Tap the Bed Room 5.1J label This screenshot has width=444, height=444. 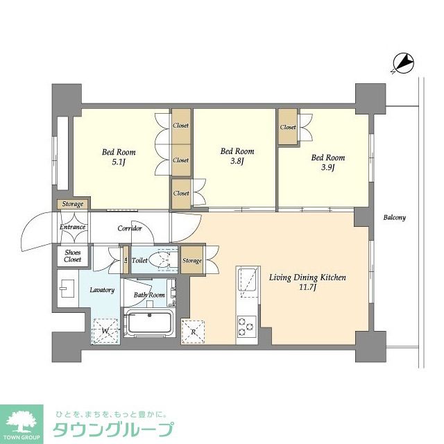pos(119,157)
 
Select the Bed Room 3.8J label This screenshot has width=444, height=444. pos(237,156)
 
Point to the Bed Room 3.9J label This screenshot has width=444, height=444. pos(327,162)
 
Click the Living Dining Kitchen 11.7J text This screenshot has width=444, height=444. pos(307,282)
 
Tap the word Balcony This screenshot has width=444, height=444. pos(394,217)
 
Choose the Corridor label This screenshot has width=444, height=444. pos(130,228)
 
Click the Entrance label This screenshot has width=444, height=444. pos(72,227)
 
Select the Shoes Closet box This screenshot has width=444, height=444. pos(73,255)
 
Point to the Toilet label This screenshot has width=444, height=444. pos(139,261)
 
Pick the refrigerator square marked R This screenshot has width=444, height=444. pos(194,332)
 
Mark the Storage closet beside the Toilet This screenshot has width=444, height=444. pos(192,261)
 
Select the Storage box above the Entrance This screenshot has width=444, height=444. pos(72,204)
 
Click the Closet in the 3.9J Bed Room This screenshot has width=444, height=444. pos(288,128)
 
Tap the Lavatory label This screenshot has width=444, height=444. pos(102,289)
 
